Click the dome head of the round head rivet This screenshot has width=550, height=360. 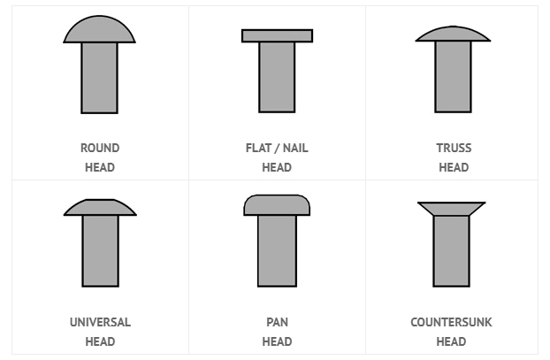100,30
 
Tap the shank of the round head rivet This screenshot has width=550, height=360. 100,78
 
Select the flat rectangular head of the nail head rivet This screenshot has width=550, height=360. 277,35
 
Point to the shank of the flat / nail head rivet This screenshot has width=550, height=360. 277,77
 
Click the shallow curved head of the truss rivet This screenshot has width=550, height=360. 454,34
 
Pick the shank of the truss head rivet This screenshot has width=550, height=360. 454,76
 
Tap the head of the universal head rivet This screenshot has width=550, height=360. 100,208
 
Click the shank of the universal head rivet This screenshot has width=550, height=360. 101,251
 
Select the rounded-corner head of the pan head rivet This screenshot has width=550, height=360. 277,205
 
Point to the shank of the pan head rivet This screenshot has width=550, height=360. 277,251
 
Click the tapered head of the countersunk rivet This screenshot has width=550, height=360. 452,209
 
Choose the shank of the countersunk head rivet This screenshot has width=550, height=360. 452,251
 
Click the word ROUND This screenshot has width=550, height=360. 100,148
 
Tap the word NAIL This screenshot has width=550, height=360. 295,148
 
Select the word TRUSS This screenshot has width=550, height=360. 454,148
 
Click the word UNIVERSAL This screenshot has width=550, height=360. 100,322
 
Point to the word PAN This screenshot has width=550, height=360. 277,322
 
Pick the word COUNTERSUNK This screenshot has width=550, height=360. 452,322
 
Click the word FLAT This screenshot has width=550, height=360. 258,148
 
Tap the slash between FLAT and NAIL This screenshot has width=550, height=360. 277,149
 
